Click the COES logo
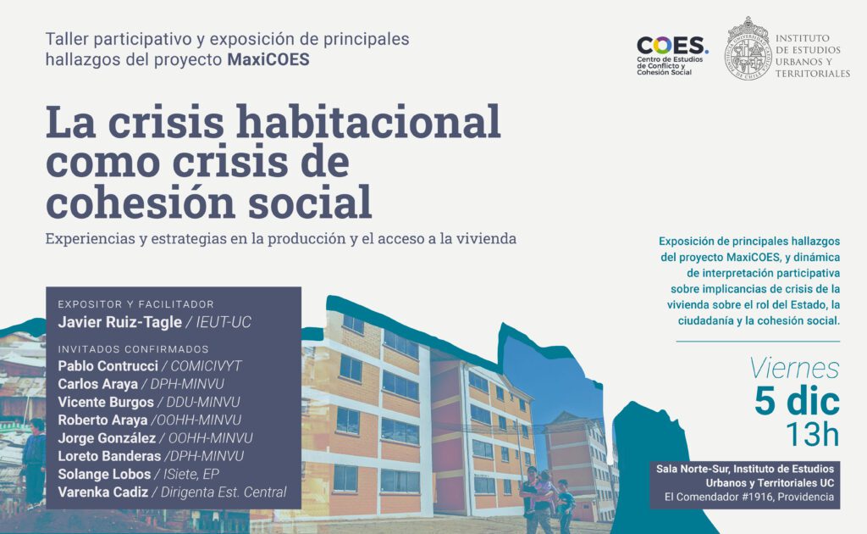pyautogui.click(x=671, y=55)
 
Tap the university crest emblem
pyautogui.click(x=748, y=48)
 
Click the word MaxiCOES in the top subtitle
pyautogui.click(x=268, y=59)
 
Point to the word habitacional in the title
pyautogui.click(x=368, y=122)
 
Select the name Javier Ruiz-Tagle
pyautogui.click(x=120, y=322)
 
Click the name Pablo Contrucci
pyautogui.click(x=108, y=366)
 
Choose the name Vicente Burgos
pyautogui.click(x=106, y=402)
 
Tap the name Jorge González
pyautogui.click(x=107, y=437)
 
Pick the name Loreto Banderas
pyautogui.click(x=109, y=456)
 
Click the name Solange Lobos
pyautogui.click(x=104, y=474)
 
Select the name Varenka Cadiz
pyautogui.click(x=102, y=492)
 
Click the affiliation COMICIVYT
pyautogui.click(x=207, y=366)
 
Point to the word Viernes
pyautogui.click(x=794, y=369)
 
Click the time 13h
pyautogui.click(x=813, y=434)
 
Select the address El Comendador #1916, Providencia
pyautogui.click(x=749, y=497)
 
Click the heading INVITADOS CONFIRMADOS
pyautogui.click(x=133, y=349)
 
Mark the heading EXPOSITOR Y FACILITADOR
pyautogui.click(x=136, y=304)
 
